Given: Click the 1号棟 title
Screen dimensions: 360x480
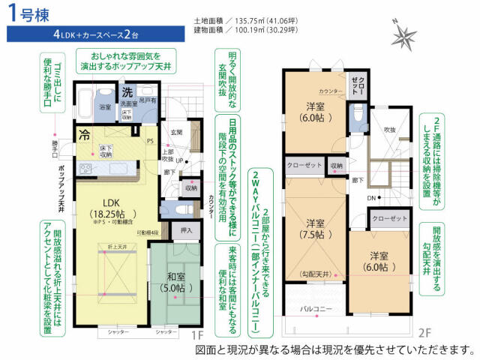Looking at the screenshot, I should pos(28,13).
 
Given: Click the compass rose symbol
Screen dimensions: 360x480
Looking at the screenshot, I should pos(406,34).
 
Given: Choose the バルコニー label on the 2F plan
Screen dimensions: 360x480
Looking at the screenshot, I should pos(316,307).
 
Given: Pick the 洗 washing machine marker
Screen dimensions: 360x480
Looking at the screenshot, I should pos(127,91).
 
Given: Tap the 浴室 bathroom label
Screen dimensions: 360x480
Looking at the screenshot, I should pos(106,107).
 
